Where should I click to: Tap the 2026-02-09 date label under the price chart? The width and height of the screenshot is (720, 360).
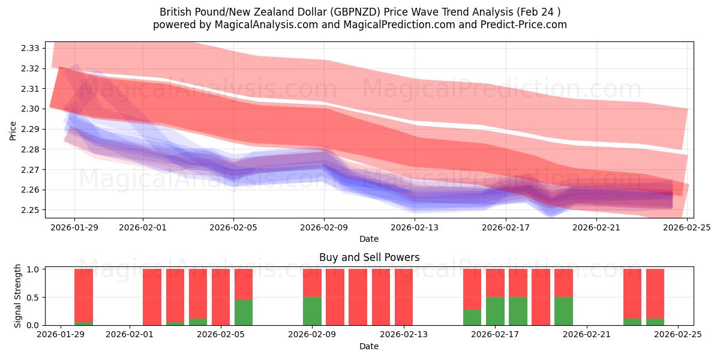pos(325,227)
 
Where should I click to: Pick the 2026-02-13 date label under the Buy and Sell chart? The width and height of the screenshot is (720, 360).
pos(404,335)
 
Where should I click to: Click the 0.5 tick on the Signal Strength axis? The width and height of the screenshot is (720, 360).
pos(34,297)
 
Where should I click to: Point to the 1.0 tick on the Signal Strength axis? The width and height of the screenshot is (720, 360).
pos(34,269)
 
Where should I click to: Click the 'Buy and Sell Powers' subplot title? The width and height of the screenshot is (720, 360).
pos(368,257)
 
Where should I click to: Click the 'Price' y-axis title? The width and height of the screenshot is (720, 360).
pos(13,131)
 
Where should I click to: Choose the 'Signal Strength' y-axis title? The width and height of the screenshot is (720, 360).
pos(18,296)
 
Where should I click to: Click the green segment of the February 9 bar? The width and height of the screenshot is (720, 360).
pos(312,311)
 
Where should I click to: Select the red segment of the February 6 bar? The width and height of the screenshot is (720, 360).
pos(244,284)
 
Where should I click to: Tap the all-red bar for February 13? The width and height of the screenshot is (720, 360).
pos(404,297)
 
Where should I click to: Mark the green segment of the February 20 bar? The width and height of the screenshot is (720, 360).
pos(563,311)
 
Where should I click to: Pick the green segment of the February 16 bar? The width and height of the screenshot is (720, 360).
pos(472,317)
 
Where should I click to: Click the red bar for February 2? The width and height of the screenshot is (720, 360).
pos(152,297)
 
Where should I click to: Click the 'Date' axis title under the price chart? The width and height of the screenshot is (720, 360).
pos(368,239)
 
